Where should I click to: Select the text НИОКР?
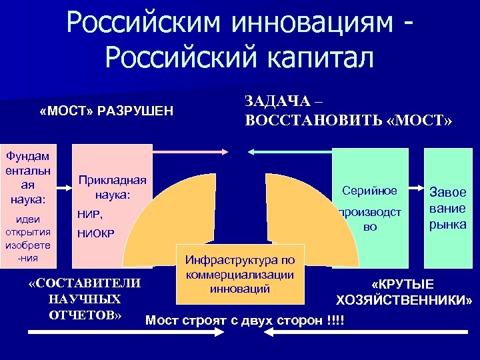click(97, 233)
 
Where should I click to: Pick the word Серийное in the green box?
click(369, 191)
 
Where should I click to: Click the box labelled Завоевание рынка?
click(447, 207)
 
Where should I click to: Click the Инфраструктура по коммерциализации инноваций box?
click(240, 273)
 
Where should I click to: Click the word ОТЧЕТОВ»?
click(85, 314)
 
